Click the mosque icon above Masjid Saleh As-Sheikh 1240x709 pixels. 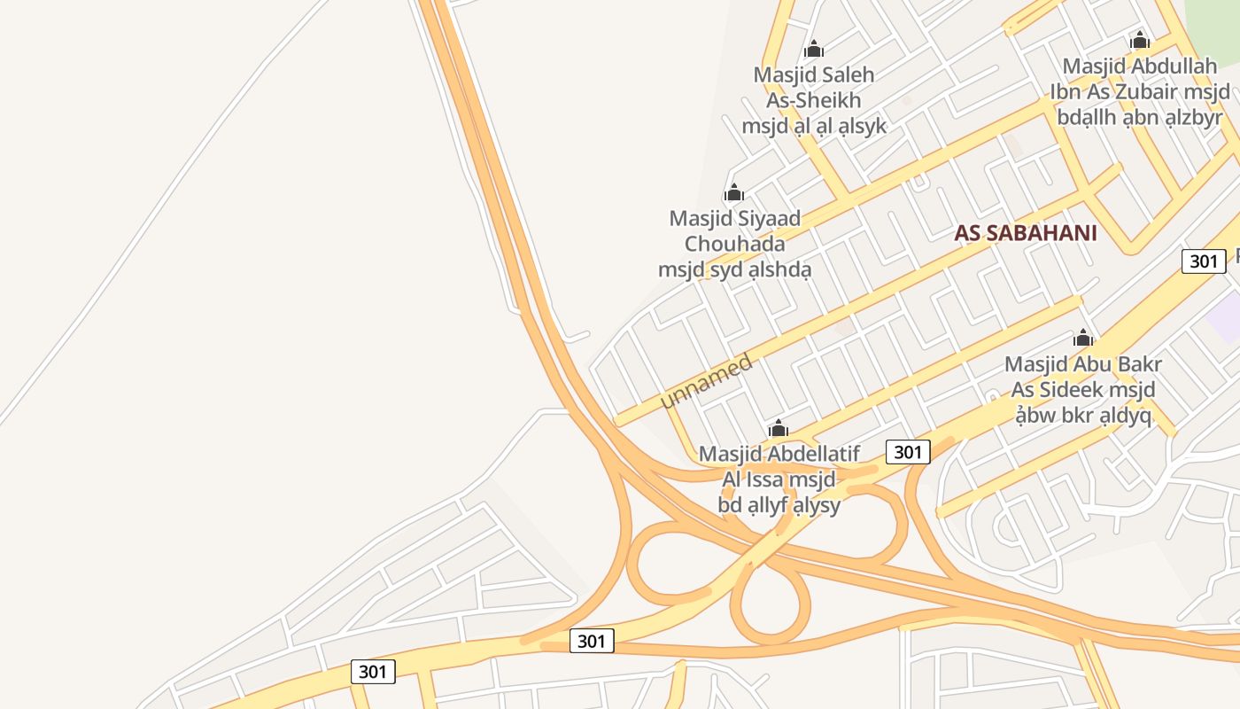click(814, 50)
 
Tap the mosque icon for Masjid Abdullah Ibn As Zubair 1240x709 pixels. click(1140, 41)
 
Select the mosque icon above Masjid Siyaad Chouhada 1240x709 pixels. click(733, 192)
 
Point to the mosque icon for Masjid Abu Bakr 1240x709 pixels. click(1083, 338)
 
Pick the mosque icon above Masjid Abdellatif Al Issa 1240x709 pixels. click(779, 429)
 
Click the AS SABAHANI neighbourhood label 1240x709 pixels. click(1026, 233)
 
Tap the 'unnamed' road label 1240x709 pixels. click(707, 381)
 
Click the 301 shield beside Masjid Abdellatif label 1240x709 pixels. click(908, 452)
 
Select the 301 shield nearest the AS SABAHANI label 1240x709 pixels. click(1204, 261)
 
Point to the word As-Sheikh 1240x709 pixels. click(814, 100)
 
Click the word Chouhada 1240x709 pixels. click(734, 243)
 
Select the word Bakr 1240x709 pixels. click(1135, 364)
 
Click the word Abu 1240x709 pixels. click(1089, 364)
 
